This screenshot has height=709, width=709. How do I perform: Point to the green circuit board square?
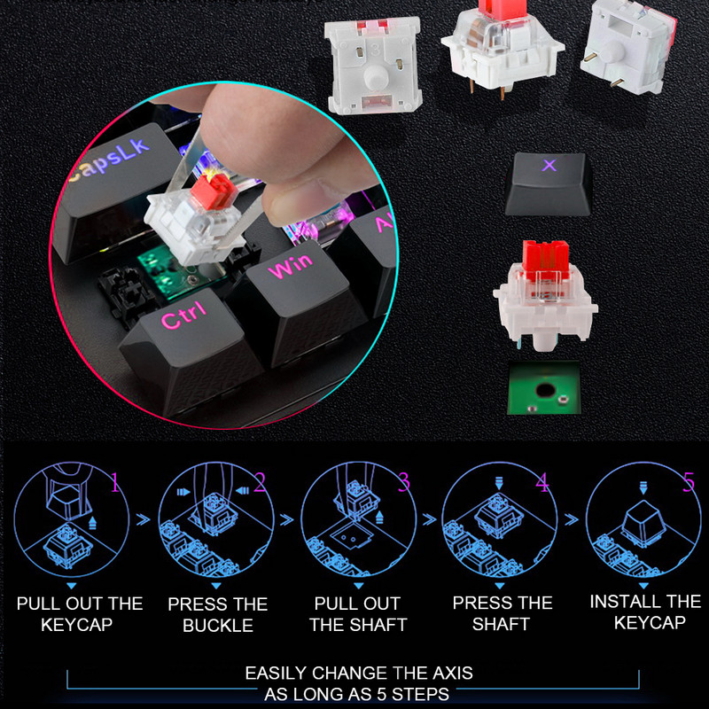[x=543, y=387]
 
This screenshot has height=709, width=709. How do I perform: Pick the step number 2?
[x=260, y=483]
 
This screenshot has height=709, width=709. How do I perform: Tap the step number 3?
[x=404, y=483]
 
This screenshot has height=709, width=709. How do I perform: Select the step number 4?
[x=541, y=483]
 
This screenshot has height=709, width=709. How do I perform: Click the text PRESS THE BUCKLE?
[x=218, y=614]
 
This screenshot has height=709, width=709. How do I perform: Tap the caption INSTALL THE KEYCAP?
[x=645, y=612]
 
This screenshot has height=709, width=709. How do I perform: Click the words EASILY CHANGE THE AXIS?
[x=358, y=674]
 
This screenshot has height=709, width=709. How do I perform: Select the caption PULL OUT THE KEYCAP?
[x=80, y=613]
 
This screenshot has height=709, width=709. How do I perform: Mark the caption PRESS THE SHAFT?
[x=502, y=613]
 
